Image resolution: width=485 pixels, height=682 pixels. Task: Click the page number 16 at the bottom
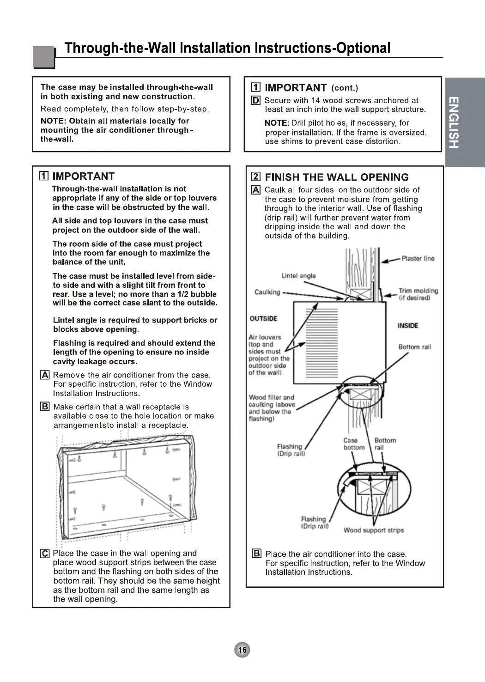coord(242,650)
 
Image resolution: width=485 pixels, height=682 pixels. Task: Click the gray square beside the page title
coord(44,57)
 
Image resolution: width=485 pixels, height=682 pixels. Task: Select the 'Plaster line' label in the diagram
coord(418,259)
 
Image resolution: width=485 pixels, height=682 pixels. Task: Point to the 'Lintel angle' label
coord(298,276)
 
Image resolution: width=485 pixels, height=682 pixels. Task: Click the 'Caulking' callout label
coord(267,292)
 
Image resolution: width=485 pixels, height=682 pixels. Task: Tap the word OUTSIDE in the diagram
coord(263,318)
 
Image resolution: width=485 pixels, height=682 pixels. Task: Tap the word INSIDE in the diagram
coord(407,326)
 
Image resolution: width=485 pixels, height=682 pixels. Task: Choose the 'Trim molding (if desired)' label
coord(418,294)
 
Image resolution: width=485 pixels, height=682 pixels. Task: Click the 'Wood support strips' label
coord(373,530)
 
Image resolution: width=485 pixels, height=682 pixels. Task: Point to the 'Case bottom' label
coord(354,444)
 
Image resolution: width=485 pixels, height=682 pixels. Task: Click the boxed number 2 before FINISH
coord(255,177)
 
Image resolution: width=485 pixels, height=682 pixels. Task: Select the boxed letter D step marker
coord(255,100)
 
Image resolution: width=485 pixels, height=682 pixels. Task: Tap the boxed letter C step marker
coord(45,554)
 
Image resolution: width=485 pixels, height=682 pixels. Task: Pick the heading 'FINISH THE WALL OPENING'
coord(337,177)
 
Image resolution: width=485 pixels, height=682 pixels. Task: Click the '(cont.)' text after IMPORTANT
coord(345,88)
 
